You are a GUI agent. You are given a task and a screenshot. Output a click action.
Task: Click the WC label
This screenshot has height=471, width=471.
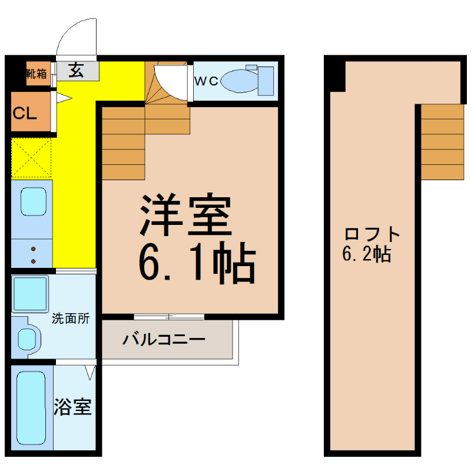206,81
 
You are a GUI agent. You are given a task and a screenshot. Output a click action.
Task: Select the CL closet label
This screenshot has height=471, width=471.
25,114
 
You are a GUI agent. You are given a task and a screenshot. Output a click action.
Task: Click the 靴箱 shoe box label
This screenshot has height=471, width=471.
37,73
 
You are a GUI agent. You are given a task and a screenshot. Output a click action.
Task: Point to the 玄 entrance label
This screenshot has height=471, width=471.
76,71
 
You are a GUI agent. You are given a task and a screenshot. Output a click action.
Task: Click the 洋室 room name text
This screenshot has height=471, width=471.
186,214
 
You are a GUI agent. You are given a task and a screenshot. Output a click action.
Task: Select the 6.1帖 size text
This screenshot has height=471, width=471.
197,262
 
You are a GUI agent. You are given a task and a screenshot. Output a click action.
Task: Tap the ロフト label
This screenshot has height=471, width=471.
372,234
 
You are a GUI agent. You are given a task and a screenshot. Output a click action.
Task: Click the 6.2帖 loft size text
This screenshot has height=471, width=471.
367,254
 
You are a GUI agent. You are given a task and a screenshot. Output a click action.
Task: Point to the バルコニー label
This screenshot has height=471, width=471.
164,340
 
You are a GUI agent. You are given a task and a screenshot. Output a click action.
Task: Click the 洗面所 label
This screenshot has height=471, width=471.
71,319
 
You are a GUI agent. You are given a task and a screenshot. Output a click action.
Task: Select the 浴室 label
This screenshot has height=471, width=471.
72,407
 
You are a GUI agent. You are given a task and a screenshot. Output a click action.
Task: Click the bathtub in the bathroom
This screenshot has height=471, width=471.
31,408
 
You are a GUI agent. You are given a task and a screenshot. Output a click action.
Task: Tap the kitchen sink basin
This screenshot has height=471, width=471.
34,201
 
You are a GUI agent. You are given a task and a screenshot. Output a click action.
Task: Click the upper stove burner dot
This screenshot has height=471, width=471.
34,249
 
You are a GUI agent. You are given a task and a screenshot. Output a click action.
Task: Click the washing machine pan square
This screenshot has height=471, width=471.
30,293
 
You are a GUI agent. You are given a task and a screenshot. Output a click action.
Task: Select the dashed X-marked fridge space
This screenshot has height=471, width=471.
31,157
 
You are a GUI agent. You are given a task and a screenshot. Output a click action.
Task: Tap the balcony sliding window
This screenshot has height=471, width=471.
169,317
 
